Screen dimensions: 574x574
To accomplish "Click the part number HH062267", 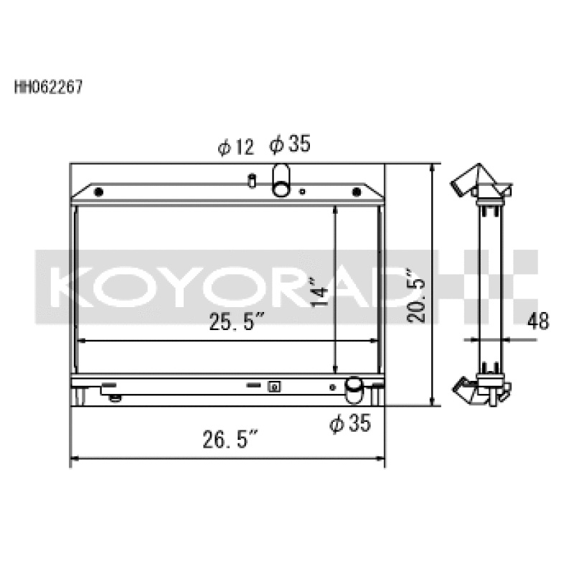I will (x=49, y=88).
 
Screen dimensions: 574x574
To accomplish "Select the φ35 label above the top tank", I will (x=290, y=145).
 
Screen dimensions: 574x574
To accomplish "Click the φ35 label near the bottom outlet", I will (x=350, y=424).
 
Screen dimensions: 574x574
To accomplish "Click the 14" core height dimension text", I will (x=321, y=293).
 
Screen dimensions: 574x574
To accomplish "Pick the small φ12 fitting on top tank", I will (x=252, y=179).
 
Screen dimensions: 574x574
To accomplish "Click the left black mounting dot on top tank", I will (x=99, y=192).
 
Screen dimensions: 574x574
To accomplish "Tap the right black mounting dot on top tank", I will (x=355, y=192).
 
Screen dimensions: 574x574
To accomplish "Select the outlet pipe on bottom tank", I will (x=354, y=390).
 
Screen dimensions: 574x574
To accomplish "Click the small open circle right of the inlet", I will (x=303, y=192).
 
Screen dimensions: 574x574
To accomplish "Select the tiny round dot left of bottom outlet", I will (x=331, y=387).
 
